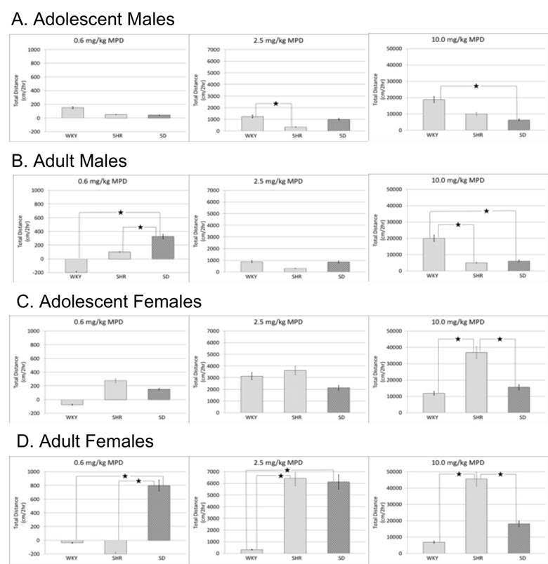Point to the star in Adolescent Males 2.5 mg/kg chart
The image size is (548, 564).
point(276,104)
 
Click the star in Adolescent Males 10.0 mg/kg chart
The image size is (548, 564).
point(476,86)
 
